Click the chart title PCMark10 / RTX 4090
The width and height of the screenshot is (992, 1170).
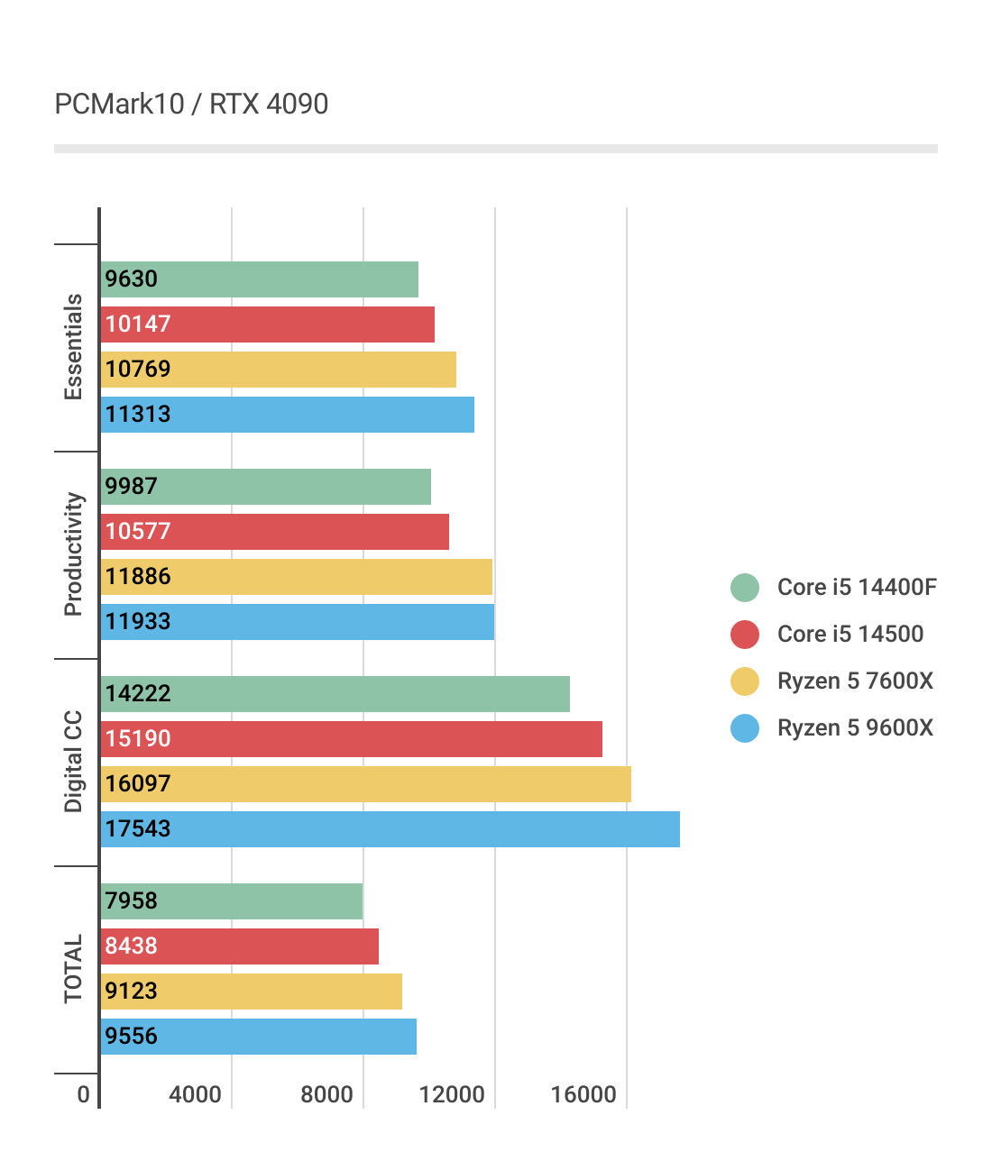coord(191,105)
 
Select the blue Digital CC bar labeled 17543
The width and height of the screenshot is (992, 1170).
coord(390,829)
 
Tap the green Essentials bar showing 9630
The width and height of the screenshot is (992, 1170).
coord(260,279)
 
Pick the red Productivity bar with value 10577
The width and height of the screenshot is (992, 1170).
coord(274,532)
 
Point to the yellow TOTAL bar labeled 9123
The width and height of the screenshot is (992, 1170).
coord(252,992)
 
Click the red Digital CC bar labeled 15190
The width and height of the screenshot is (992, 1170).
coord(351,739)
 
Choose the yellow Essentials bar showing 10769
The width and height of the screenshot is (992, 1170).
coord(279,370)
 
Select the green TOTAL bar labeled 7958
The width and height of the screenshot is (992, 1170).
coord(232,901)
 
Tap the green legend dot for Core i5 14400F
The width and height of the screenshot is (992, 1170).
coord(745,588)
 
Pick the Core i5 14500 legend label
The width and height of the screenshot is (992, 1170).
coord(850,635)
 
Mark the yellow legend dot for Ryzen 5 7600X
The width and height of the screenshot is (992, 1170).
coord(745,681)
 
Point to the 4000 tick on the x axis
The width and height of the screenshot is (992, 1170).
coord(195,1095)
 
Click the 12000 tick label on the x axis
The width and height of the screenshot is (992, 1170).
coord(452,1095)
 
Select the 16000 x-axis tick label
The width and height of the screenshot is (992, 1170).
coord(583,1095)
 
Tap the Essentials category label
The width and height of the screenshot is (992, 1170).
coord(73,347)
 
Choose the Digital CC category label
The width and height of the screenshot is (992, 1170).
coord(73,762)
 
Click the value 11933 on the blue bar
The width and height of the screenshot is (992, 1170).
coord(138,622)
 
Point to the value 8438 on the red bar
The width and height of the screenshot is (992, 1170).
coord(132,946)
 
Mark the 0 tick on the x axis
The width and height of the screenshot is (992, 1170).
coord(84,1095)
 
